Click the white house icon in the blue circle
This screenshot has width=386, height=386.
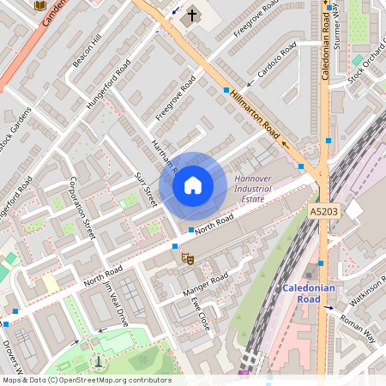tap(193, 184)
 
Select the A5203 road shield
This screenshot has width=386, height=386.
tap(323, 211)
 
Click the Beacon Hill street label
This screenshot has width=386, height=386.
tap(87, 51)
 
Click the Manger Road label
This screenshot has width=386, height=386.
tap(206, 285)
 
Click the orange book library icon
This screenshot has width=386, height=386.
tap(39, 5)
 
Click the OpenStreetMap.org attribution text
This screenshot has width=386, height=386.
tap(118, 380)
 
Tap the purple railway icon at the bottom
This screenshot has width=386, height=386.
tap(245, 373)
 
